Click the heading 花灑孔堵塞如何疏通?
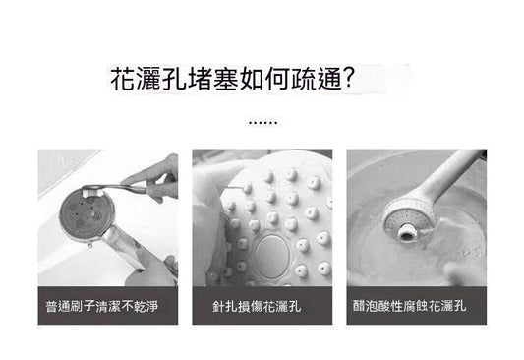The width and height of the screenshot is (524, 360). [231, 79]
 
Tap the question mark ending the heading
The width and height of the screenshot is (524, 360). [348, 79]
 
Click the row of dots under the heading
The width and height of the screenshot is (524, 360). [263, 123]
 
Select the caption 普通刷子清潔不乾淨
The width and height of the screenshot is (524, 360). [101, 306]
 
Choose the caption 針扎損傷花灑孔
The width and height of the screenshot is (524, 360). [257, 306]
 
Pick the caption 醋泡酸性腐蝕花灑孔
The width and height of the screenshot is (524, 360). [409, 306]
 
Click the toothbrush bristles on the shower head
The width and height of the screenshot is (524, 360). [90, 193]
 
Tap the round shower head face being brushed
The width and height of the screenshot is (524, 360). [87, 215]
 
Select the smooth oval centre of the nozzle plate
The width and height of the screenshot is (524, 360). [271, 256]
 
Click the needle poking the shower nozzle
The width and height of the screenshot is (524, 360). [235, 188]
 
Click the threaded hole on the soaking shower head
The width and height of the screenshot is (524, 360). [406, 234]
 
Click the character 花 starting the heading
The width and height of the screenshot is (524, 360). [123, 79]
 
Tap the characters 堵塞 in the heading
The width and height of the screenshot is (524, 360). [213, 79]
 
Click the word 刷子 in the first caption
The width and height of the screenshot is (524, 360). [83, 306]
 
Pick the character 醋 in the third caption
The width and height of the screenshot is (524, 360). [359, 306]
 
